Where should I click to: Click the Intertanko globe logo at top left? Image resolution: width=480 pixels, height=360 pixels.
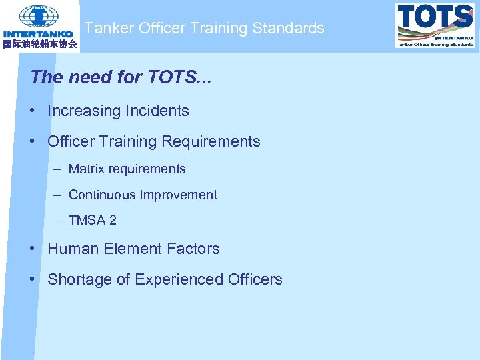point(39,16)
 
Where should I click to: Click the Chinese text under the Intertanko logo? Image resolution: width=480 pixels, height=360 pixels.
point(39,45)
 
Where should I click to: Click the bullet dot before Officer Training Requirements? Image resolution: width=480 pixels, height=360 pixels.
point(33,141)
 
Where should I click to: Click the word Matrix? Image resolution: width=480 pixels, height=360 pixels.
point(87,169)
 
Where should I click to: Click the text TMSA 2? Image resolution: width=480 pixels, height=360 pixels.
point(92,221)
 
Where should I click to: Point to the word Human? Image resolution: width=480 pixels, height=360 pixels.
point(73,249)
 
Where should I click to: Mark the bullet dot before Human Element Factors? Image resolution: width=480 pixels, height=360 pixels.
point(33,249)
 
